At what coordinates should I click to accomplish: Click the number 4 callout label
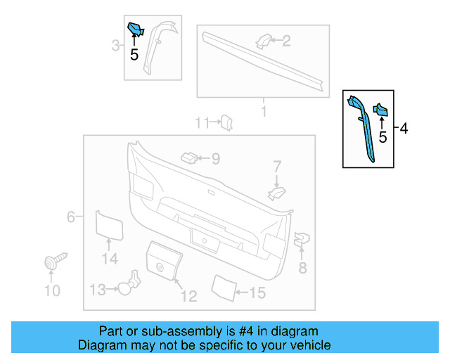click(x=404, y=129)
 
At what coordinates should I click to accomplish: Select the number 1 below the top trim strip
click(x=264, y=112)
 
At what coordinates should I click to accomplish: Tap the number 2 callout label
click(x=286, y=41)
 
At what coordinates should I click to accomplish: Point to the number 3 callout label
click(x=115, y=46)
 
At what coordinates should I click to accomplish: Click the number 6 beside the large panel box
click(x=70, y=217)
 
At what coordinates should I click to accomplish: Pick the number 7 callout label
click(x=277, y=167)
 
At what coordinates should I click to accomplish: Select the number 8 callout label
click(x=302, y=267)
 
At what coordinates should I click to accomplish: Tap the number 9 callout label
click(x=216, y=160)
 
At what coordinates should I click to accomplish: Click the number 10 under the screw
click(x=53, y=290)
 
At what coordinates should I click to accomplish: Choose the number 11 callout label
click(x=202, y=123)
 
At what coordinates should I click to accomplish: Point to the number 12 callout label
click(x=188, y=296)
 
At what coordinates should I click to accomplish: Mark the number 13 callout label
click(x=97, y=289)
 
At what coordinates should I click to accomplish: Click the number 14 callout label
click(x=108, y=259)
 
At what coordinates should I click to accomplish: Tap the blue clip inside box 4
click(x=380, y=110)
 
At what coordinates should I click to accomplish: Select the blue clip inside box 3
click(x=134, y=29)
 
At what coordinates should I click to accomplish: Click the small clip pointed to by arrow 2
click(x=263, y=41)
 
